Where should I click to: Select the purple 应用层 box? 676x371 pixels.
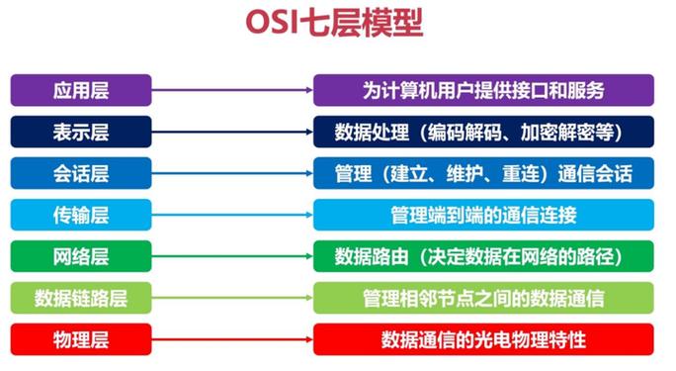[81, 91]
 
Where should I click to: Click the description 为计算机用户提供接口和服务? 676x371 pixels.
[483, 91]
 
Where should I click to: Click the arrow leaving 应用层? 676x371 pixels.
[232, 91]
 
